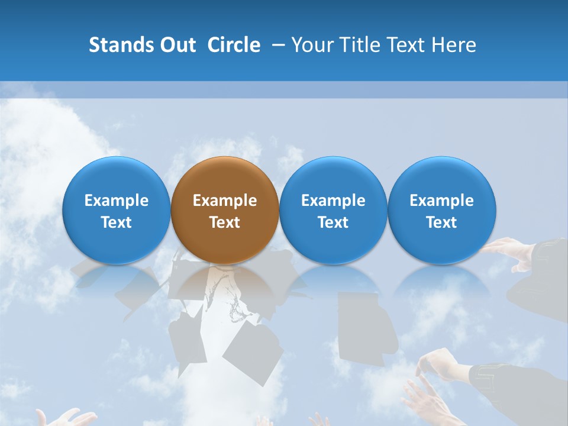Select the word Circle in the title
[x=234, y=45]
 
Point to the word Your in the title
[x=312, y=45]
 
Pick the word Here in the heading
[x=454, y=45]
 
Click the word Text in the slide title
[x=408, y=45]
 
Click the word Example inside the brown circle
[x=225, y=201]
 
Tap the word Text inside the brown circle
[x=225, y=222]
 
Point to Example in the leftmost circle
[x=117, y=201]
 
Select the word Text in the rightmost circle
[x=442, y=222]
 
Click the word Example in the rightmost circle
[x=442, y=201]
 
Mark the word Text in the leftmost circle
[x=117, y=222]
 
